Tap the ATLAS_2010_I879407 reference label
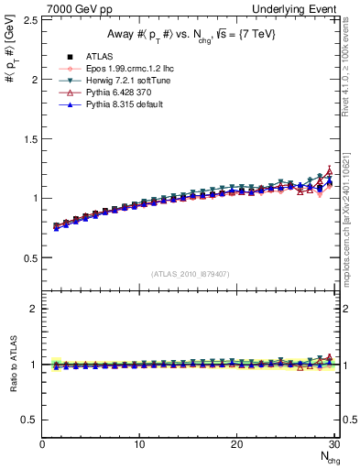[x=189, y=274]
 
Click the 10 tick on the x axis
[x=139, y=444]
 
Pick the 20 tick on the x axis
[x=236, y=444]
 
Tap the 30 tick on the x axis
[x=333, y=444]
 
